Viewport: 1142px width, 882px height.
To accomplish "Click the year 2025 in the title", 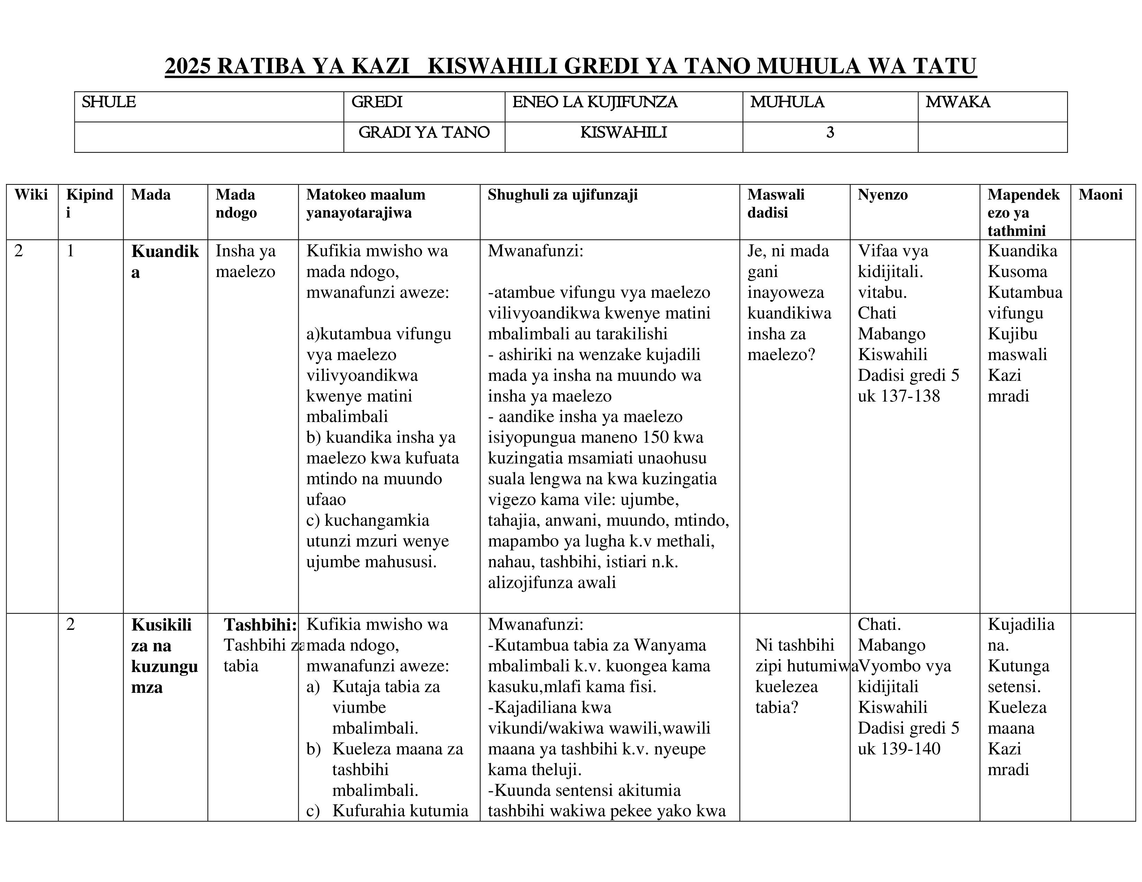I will [188, 67].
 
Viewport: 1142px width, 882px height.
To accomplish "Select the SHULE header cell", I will [109, 102].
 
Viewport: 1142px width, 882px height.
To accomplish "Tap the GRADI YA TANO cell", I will [424, 133].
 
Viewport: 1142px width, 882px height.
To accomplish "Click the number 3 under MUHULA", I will [830, 133].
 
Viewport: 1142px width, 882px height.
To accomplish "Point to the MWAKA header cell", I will [958, 102].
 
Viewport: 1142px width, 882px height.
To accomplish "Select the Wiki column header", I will [31, 195].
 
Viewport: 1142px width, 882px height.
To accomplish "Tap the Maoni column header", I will [1100, 195].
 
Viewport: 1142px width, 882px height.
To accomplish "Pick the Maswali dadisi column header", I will [776, 203].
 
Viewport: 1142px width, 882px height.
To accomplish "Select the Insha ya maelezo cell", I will [245, 261].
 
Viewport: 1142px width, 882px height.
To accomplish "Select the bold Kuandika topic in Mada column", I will [165, 261].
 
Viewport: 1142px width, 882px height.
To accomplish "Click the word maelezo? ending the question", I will [781, 355].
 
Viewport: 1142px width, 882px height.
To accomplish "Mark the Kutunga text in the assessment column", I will [1018, 666].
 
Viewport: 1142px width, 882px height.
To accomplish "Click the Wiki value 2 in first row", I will [19, 251].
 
